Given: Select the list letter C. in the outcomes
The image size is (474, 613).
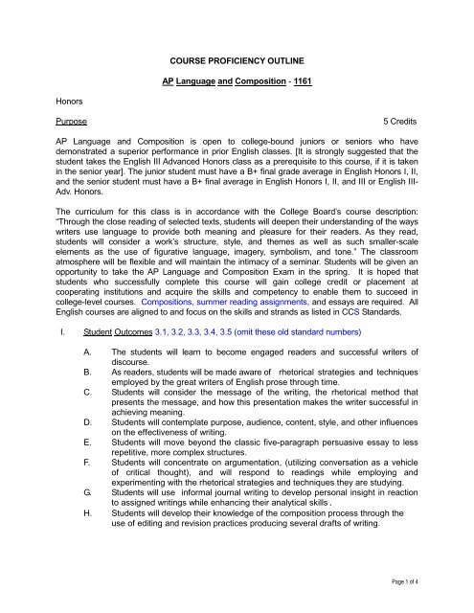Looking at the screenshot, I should [61, 462].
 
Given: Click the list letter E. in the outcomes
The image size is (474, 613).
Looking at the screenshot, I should [61, 511].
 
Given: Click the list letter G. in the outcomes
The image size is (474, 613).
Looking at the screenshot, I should [61, 573].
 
